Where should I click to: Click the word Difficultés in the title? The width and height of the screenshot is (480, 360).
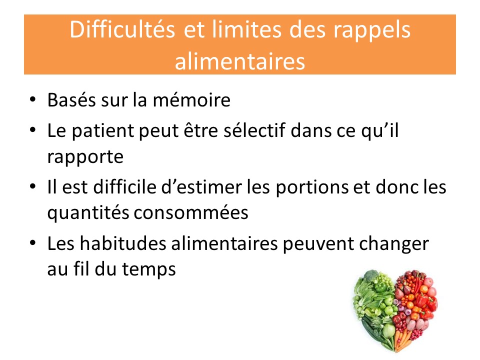[122, 30]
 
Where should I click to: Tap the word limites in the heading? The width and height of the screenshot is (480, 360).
[246, 30]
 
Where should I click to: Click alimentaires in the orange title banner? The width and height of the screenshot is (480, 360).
[239, 61]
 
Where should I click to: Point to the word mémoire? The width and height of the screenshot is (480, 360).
[191, 100]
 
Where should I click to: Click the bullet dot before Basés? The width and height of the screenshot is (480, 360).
[32, 100]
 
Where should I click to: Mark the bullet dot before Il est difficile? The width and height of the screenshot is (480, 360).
[32, 186]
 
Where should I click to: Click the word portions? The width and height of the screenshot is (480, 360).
[312, 188]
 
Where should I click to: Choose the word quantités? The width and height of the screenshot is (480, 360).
[88, 213]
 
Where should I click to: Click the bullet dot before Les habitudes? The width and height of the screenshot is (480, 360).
[32, 243]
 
